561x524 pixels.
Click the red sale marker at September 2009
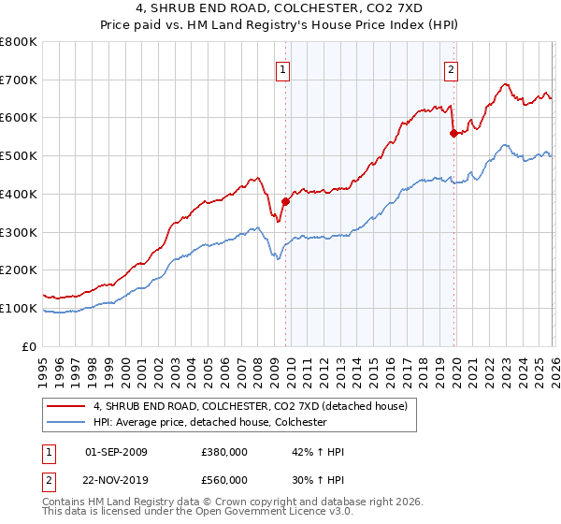pos(285,200)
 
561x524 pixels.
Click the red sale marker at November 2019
pos(453,133)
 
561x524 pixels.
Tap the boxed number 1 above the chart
pos(282,67)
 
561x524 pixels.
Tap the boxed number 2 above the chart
pos(451,67)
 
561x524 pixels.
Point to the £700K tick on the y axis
pos(19,80)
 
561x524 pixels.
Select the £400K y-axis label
pos(19,195)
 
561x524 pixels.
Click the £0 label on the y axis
pos(30,347)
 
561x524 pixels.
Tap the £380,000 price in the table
pos(224,452)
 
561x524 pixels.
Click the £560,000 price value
pos(224,479)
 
